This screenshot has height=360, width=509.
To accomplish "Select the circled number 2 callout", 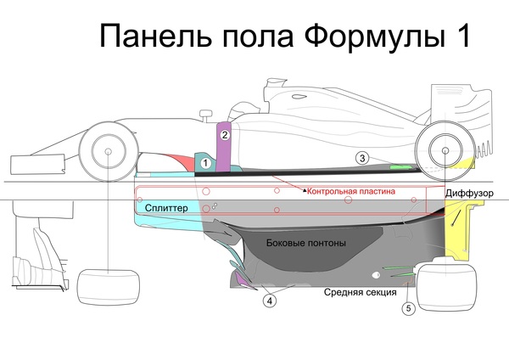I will [225, 134].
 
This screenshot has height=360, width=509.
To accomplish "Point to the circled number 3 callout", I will [361, 157].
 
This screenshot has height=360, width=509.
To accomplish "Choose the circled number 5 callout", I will [409, 309].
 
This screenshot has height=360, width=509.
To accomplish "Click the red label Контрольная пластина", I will [351, 192].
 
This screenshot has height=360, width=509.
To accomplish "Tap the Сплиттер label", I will [166, 206].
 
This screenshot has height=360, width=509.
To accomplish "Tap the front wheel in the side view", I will [109, 152].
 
